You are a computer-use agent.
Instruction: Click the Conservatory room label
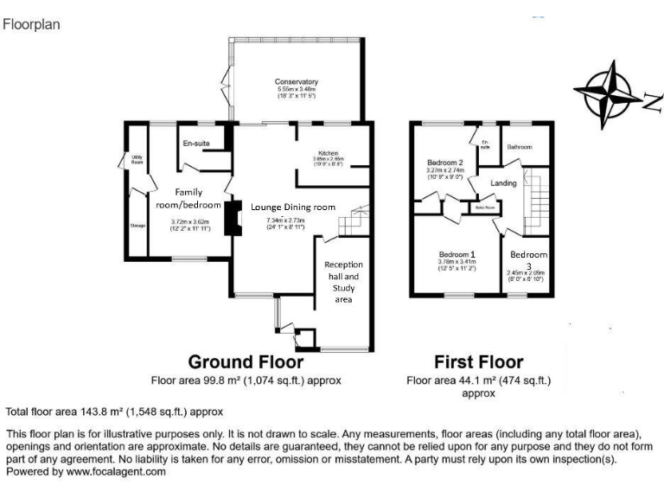[x=297, y=82]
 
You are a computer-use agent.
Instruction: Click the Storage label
[x=137, y=226]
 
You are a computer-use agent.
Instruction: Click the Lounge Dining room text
[x=292, y=207]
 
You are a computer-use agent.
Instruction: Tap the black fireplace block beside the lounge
[x=233, y=218]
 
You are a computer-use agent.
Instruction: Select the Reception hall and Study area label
[x=343, y=282]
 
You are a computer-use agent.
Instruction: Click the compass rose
[x=612, y=93]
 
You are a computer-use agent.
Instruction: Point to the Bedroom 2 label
[x=445, y=163]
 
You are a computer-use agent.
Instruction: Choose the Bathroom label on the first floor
[x=520, y=147]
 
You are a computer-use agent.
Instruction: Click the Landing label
[x=503, y=183]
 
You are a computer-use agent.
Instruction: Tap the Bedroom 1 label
[x=458, y=254]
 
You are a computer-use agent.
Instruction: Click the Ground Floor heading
[x=246, y=361]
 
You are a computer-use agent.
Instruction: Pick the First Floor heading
[x=478, y=361]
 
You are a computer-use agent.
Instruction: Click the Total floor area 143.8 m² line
[x=115, y=412]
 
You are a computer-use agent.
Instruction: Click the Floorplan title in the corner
[x=31, y=24]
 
